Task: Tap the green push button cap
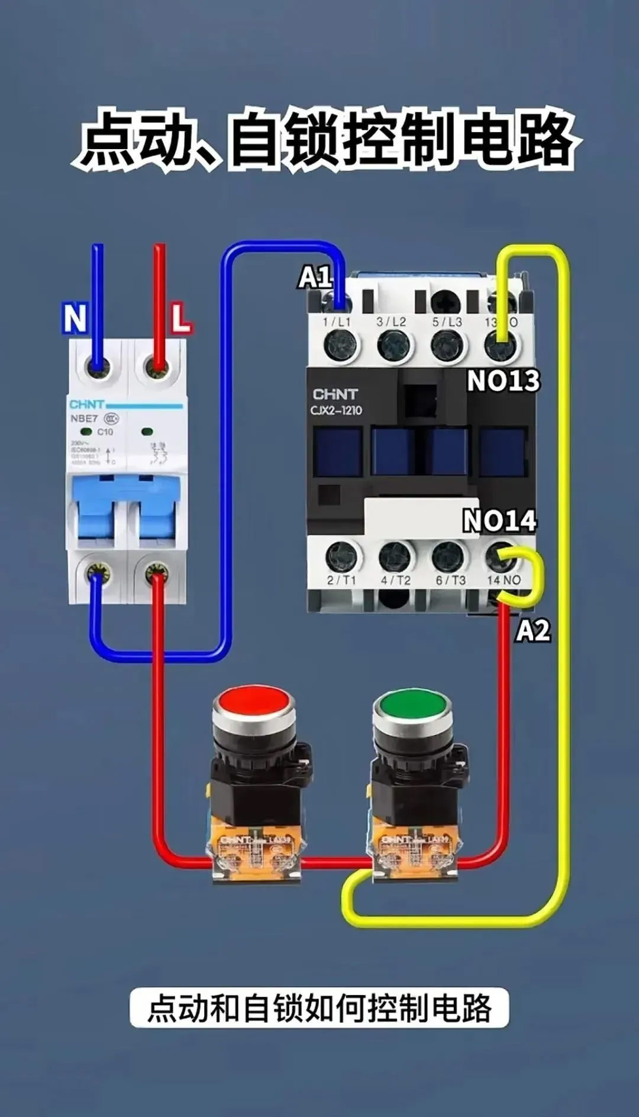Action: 412,704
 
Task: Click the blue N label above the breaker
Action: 75,318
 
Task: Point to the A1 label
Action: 314,276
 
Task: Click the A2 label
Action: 532,630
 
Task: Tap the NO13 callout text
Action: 503,381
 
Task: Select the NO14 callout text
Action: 499,521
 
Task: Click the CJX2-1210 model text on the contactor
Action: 336,410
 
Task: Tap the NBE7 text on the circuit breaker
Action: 84,419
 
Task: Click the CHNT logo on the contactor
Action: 335,394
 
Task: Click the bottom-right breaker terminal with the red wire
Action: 157,573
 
